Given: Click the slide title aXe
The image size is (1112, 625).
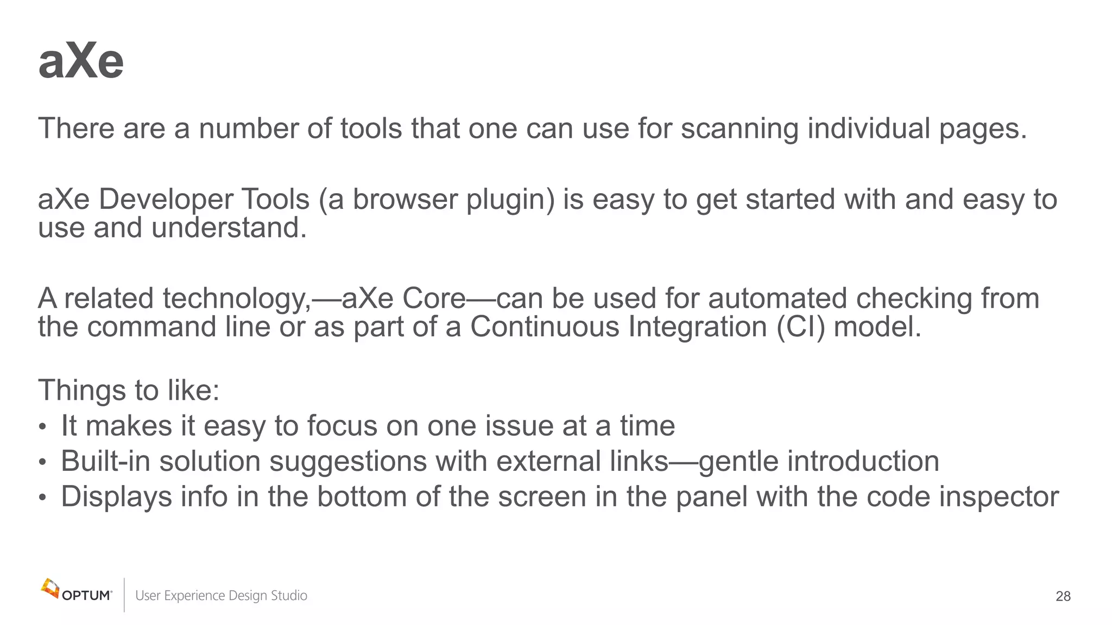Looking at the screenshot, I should pos(81,61).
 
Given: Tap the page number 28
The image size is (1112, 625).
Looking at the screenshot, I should pos(1063,596).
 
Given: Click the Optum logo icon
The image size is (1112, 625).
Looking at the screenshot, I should pos(50,588).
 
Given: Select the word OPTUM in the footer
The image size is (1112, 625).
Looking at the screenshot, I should pos(87,596).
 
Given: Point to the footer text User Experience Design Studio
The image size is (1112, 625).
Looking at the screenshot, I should pos(221,596).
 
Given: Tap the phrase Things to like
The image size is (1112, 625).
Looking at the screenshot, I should pos(129,390).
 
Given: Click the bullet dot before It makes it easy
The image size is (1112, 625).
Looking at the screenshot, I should pos(43,427).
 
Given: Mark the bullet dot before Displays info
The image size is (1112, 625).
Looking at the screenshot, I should pos(43,498).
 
